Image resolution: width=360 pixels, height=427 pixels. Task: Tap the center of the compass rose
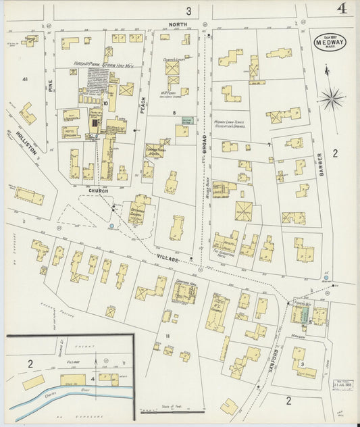[332, 99]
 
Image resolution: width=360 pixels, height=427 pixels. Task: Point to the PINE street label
[49, 86]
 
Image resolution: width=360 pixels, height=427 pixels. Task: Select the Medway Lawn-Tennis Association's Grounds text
[232, 120]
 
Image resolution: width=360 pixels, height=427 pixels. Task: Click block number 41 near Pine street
[25, 80]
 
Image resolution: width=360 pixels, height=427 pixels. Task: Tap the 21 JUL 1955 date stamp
[345, 384]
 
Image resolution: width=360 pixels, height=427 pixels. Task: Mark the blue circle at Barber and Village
[326, 278]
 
